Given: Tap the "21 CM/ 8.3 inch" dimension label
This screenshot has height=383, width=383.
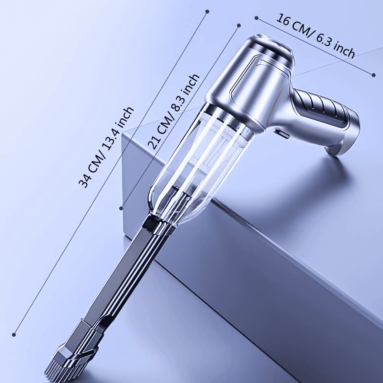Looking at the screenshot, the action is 173,112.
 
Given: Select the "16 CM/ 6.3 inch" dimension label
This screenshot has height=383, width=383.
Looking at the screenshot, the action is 315,36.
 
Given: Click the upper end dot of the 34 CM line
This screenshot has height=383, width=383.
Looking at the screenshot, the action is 208,11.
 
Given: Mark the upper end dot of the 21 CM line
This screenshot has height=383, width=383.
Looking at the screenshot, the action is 239,25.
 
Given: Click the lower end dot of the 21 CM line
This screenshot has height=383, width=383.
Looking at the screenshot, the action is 121,208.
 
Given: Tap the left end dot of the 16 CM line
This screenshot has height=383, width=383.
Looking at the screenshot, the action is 256,18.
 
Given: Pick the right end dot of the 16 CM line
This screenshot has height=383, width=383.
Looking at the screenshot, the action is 374,75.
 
